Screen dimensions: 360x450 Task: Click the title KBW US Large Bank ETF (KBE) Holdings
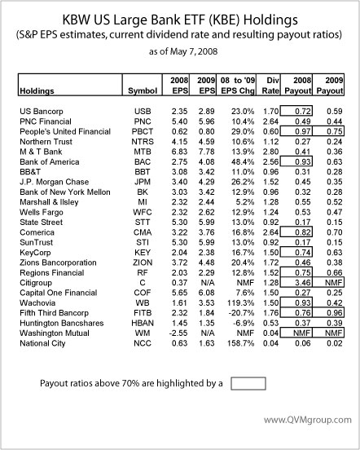pyautogui.click(x=180, y=17)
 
